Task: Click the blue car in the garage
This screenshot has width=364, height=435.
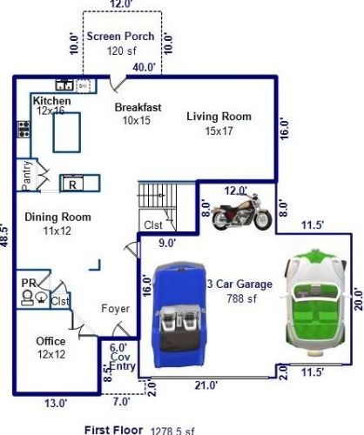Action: click(x=179, y=315)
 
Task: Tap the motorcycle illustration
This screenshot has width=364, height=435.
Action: click(x=241, y=212)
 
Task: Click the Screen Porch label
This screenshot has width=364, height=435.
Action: click(x=120, y=37)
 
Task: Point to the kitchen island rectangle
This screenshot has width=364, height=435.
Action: click(x=66, y=132)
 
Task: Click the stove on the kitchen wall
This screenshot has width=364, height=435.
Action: click(x=24, y=130)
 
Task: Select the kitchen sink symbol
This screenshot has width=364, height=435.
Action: click(x=64, y=85)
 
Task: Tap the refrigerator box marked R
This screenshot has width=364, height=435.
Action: click(x=72, y=184)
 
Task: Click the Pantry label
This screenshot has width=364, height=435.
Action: click(x=26, y=176)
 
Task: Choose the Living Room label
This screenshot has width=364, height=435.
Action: click(x=219, y=117)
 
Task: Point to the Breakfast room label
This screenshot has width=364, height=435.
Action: click(x=138, y=107)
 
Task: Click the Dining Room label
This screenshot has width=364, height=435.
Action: click(x=57, y=217)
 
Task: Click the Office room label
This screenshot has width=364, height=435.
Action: click(x=51, y=341)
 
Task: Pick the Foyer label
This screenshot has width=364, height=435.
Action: click(x=115, y=309)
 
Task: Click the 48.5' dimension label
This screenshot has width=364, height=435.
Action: click(x=4, y=235)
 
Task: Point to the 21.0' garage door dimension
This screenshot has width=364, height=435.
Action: click(x=206, y=385)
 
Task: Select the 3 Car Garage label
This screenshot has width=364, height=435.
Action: click(x=239, y=284)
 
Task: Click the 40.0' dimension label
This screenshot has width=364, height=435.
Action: click(x=145, y=67)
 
